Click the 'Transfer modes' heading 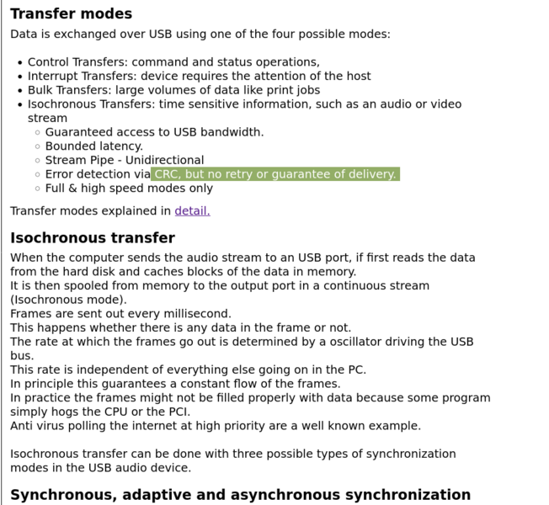click(x=71, y=13)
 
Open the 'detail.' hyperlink click(x=192, y=210)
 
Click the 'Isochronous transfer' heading click(x=93, y=238)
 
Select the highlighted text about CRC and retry click(x=274, y=174)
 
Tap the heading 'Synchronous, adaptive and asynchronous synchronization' click(x=240, y=495)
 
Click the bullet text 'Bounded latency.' click(x=93, y=146)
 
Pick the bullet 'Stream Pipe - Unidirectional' click(x=124, y=160)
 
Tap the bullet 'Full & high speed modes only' click(x=129, y=188)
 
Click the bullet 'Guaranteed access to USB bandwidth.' click(x=154, y=132)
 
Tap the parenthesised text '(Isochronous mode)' click(x=68, y=300)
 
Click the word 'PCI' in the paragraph click(x=177, y=412)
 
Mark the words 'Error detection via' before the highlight click(x=98, y=174)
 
